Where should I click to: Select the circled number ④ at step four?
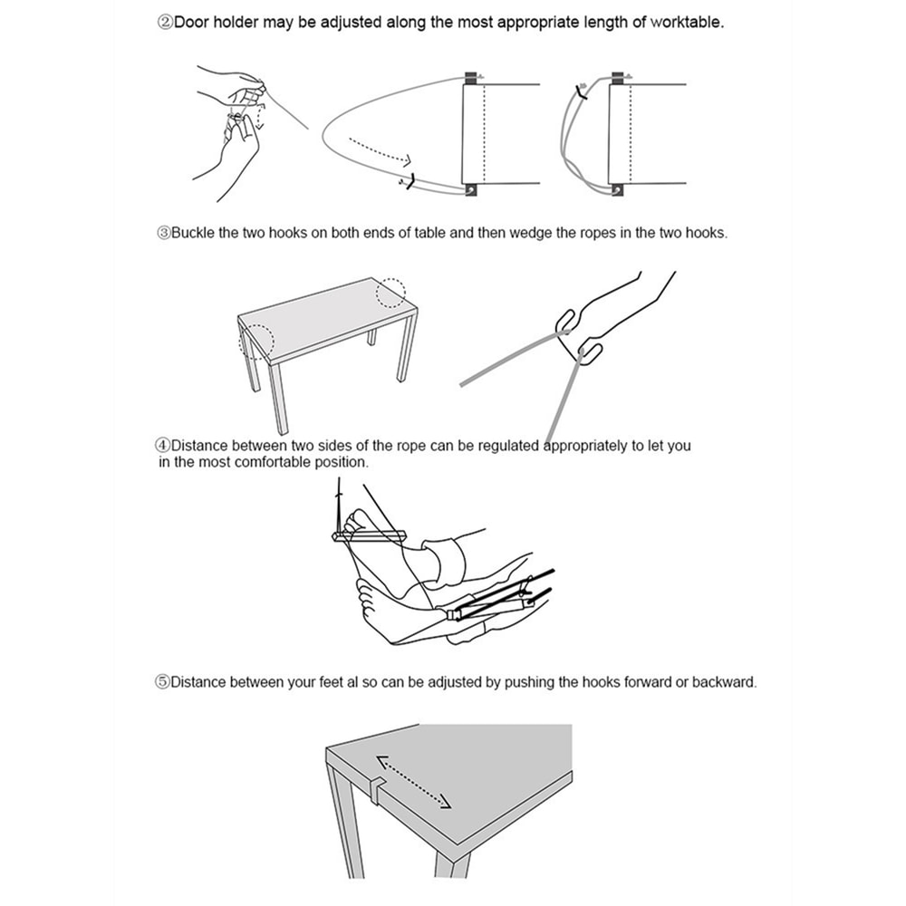click(163, 446)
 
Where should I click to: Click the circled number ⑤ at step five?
click(163, 682)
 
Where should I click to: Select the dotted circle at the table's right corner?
click(390, 293)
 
